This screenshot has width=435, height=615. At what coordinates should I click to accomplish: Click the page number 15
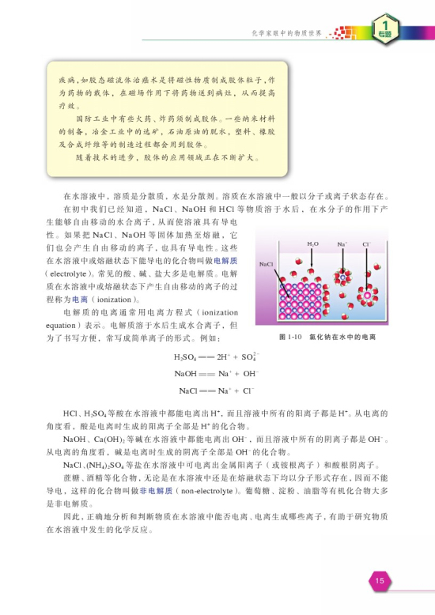click(380, 581)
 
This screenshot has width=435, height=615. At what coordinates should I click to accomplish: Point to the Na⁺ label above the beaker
click(342, 245)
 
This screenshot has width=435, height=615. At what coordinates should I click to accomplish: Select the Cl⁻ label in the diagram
click(367, 245)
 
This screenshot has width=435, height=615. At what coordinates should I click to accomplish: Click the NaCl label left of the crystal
click(267, 262)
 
